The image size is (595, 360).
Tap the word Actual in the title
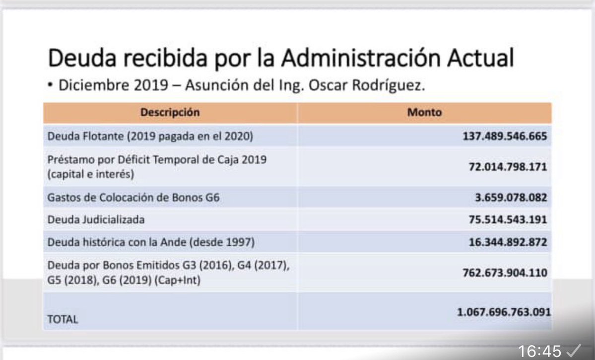(x=478, y=59)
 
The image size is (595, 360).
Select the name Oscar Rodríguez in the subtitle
(x=367, y=85)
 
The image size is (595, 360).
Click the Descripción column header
(x=170, y=112)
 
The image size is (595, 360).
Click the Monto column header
(x=424, y=112)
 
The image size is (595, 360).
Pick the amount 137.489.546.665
(x=505, y=137)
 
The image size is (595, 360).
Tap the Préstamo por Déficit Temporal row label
(x=157, y=160)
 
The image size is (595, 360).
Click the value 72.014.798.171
(x=508, y=167)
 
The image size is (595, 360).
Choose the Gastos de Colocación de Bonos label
(x=133, y=198)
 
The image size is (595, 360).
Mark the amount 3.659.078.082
(x=511, y=198)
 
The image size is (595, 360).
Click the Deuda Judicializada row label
(x=96, y=219)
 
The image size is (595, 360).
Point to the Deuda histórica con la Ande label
(x=151, y=242)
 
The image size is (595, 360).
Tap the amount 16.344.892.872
(x=508, y=242)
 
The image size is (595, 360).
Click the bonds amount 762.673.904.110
(x=505, y=273)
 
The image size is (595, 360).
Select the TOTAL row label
(x=63, y=320)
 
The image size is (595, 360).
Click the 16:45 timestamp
(x=539, y=351)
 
